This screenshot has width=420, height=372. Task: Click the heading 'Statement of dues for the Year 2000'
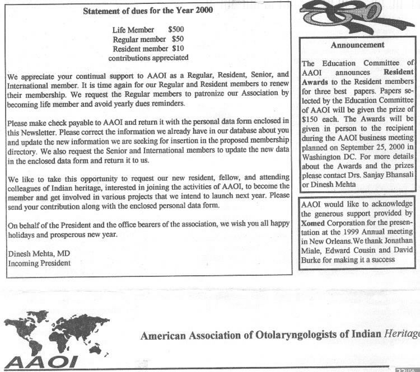[148, 10]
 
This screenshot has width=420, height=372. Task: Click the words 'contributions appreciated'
[148, 57]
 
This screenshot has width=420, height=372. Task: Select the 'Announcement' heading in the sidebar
[357, 45]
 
